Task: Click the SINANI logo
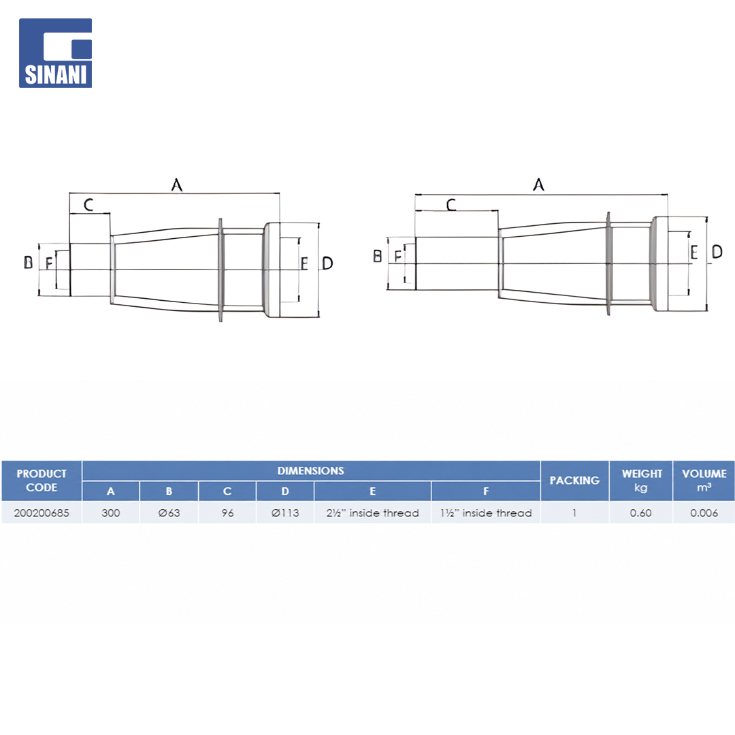click(55, 53)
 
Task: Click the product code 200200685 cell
click(42, 513)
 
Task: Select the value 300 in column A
click(111, 513)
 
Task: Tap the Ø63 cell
click(169, 513)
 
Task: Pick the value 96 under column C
click(227, 513)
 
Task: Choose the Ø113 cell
click(285, 513)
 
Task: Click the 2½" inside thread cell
click(373, 513)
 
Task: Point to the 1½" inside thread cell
click(486, 513)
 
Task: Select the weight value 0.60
click(641, 513)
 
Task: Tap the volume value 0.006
click(704, 513)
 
